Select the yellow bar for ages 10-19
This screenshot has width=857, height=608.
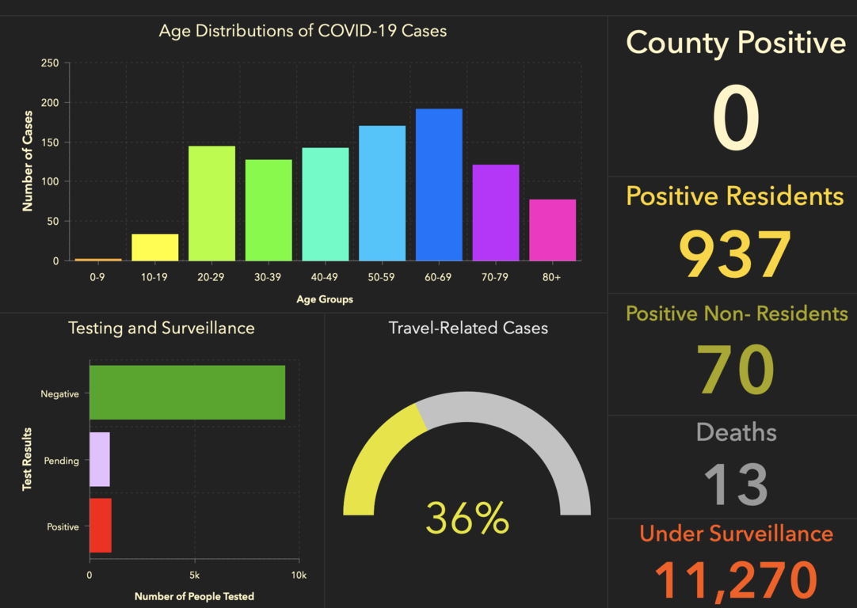[x=154, y=247]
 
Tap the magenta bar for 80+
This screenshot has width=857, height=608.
[x=552, y=230]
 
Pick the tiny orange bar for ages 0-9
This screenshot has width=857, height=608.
[x=98, y=259]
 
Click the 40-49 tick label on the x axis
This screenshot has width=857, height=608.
[x=325, y=278]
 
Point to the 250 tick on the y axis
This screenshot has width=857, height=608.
[x=49, y=63]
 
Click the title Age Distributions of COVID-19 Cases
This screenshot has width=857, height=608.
[x=303, y=32]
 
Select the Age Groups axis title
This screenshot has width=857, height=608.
[x=325, y=299]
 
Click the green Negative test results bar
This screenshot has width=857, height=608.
[x=187, y=392]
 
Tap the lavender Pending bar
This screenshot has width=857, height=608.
[x=100, y=459]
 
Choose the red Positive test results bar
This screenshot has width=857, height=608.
[x=101, y=525]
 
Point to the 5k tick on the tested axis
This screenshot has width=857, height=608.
[x=195, y=575]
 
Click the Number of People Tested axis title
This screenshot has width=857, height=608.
[x=194, y=595]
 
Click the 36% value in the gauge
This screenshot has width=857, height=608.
[x=467, y=519]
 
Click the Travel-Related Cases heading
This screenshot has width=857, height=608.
[x=468, y=328]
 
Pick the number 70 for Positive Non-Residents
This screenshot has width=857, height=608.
[x=735, y=370]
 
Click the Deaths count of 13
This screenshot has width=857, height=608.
[x=736, y=484]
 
